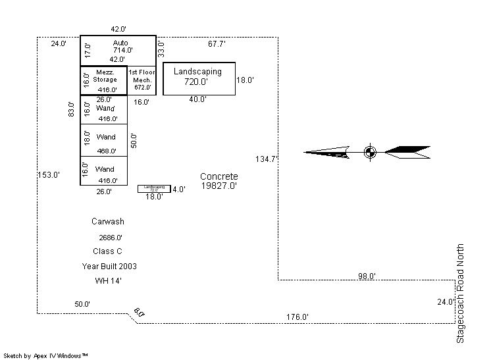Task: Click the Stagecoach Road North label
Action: pos(461,293)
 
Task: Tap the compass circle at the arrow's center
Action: pos(369,152)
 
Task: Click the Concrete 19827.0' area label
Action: pos(219,181)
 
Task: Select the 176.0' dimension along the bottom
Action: pos(297,317)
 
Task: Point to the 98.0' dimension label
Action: pos(367,276)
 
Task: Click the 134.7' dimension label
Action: pos(267,159)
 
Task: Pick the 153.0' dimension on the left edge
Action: pos(49,175)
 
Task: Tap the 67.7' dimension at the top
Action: pos(217,44)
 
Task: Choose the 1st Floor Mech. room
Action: pos(141,80)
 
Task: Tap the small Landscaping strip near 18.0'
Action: pos(153,189)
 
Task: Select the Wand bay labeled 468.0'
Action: pos(105,140)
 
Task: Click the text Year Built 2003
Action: pos(109,267)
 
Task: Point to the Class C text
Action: pos(108,251)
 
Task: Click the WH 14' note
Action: pos(109,281)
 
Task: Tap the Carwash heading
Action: pos(108,222)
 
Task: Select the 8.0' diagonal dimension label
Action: pos(138,313)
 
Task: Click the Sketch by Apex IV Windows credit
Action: pos(46,355)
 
